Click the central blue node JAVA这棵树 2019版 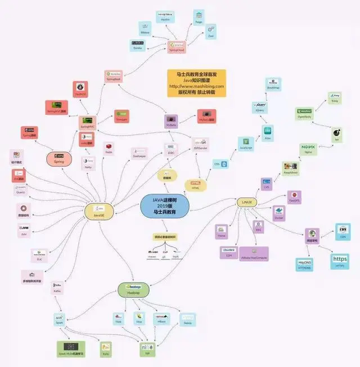(x=165, y=206)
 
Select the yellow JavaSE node (x=97, y=211)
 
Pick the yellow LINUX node (x=246, y=202)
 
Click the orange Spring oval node (x=58, y=158)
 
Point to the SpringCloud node (x=176, y=46)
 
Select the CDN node (x=343, y=231)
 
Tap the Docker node (x=278, y=213)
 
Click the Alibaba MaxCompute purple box (x=254, y=254)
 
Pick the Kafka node (x=57, y=288)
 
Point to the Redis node (x=109, y=148)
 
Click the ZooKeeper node (x=139, y=152)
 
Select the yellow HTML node (x=196, y=185)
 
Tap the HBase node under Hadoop (x=162, y=318)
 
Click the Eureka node (x=138, y=45)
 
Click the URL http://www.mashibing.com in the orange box (x=196, y=86)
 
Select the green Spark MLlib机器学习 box (x=72, y=350)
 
